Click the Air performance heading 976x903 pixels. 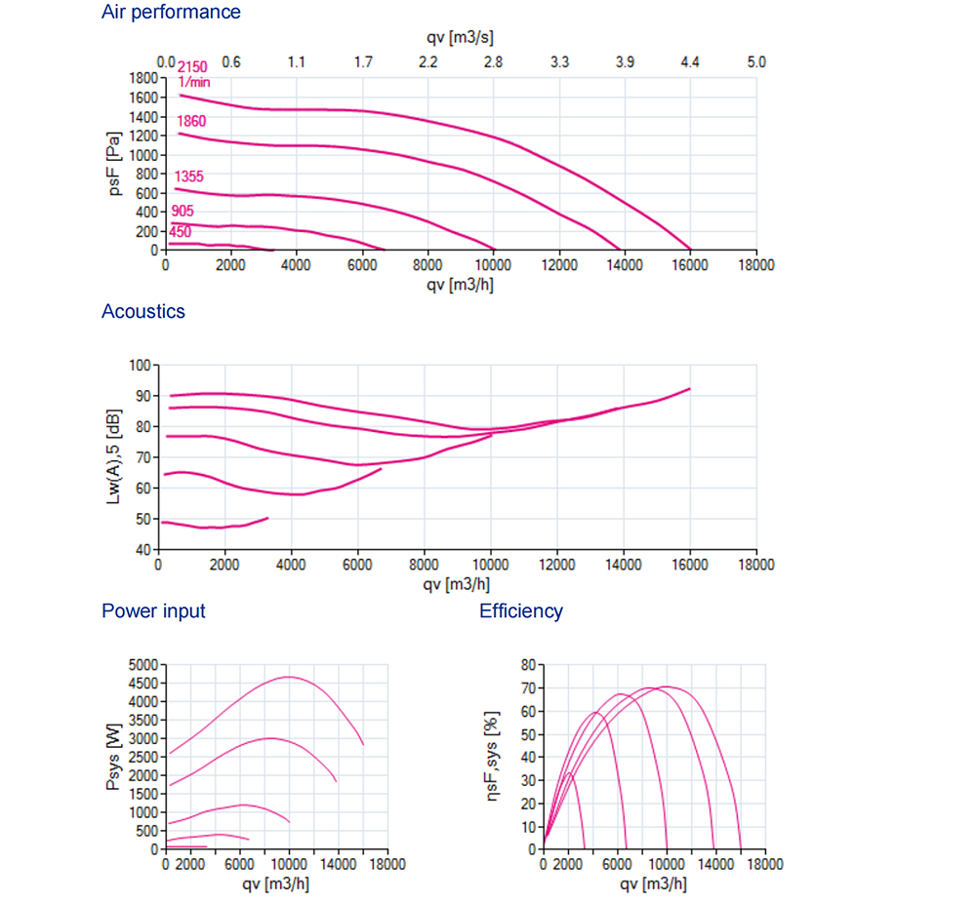coord(171,13)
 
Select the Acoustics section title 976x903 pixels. coord(142,312)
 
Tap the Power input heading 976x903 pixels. coord(153,611)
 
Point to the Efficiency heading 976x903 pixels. coord(521,611)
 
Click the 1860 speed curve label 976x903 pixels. coord(191,121)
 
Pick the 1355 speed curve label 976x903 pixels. coord(189,177)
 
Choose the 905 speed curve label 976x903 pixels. coord(183,212)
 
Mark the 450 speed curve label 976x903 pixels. coord(180,232)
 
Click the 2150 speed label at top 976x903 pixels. coord(193,66)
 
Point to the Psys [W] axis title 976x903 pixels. coord(115,756)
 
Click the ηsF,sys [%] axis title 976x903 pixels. coord(493,756)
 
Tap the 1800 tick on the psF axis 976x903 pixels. coord(143,78)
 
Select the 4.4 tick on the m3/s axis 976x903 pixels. coord(690,62)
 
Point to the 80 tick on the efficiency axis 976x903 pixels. coord(527,664)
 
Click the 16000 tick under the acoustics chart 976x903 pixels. coord(689,565)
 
